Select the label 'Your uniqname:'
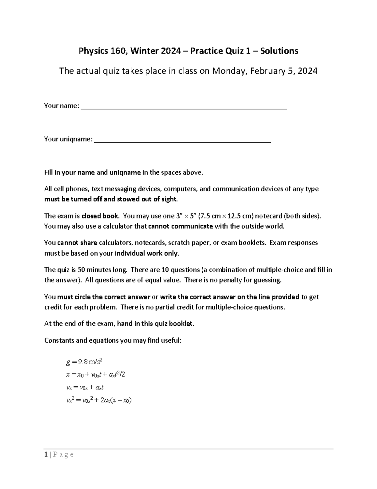(x=68, y=139)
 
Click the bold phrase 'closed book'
(x=100, y=216)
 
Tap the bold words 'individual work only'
(x=147, y=253)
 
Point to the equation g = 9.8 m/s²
(x=84, y=362)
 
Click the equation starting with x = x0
(x=96, y=375)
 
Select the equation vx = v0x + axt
(x=85, y=388)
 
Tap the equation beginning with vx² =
(x=99, y=401)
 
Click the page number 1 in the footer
(x=46, y=454)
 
